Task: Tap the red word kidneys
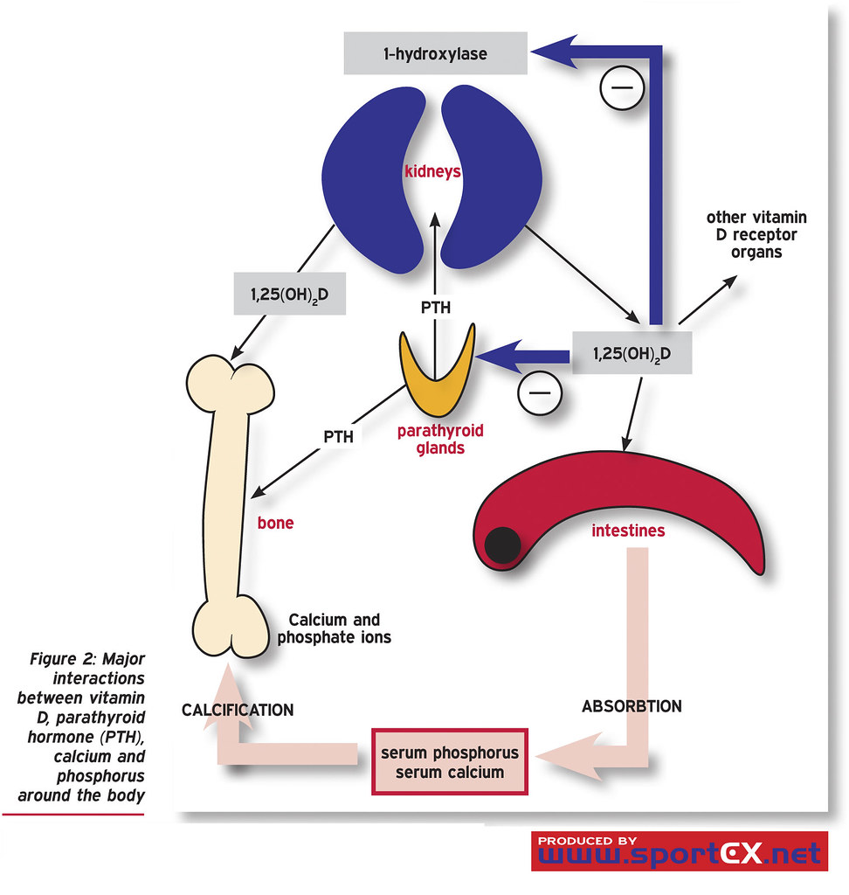(431, 172)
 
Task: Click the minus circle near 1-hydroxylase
(621, 88)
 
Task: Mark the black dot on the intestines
(503, 546)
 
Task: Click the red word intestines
(628, 531)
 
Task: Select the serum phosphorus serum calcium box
(449, 761)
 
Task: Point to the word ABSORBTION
(632, 705)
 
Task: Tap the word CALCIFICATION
(238, 710)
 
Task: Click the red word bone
(275, 524)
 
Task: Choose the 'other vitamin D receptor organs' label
(744, 233)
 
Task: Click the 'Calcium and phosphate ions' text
(334, 628)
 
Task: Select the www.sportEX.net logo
(679, 850)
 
